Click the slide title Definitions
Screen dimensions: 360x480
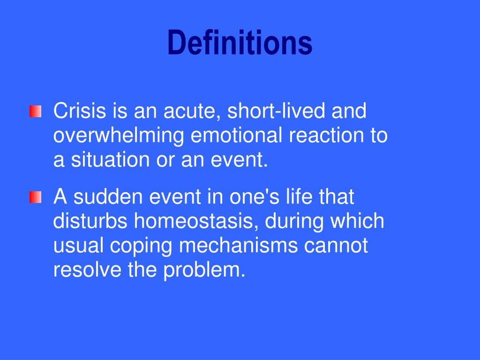[240, 43]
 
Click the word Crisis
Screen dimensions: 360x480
[80, 112]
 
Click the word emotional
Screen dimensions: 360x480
[237, 136]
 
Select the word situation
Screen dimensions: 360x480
[110, 160]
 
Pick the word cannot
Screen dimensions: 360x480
[336, 246]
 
